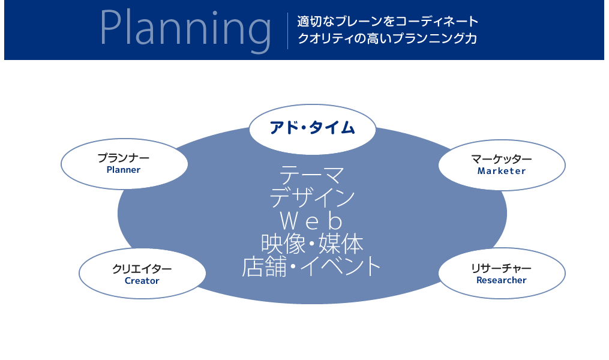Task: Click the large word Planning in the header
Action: [x=185, y=30]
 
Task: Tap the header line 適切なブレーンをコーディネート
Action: [x=388, y=22]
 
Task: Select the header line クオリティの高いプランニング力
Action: [x=387, y=38]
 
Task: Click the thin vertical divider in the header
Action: [x=287, y=31]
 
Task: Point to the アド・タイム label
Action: [x=312, y=128]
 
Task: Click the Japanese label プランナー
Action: [x=124, y=158]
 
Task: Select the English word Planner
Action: [x=124, y=170]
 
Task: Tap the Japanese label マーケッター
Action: [x=502, y=159]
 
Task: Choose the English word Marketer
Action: [x=502, y=171]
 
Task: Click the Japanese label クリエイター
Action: [x=142, y=269]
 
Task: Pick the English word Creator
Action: [x=142, y=281]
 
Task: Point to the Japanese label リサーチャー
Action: [x=501, y=268]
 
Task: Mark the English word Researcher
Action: [x=502, y=280]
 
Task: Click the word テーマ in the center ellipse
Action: [x=312, y=175]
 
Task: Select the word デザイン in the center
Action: [x=312, y=197]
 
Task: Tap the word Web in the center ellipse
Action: [x=311, y=221]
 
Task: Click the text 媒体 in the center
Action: [x=341, y=244]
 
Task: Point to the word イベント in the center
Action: [x=340, y=266]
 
